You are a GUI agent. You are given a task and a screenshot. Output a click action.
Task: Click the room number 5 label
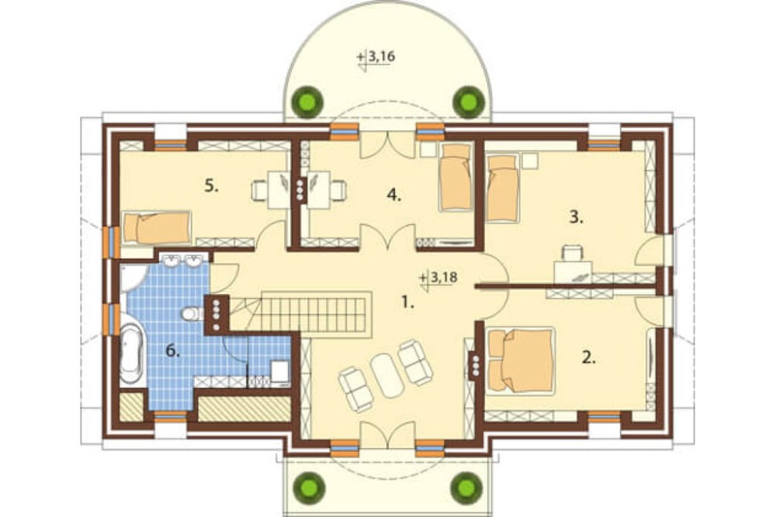pos(211,186)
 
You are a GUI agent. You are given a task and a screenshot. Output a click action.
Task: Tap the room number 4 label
pos(394,195)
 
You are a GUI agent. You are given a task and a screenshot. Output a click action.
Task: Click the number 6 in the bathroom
pos(172,351)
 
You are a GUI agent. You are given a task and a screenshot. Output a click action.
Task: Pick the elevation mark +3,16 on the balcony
pos(376,57)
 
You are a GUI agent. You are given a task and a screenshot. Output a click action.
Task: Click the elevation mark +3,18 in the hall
pos(438,278)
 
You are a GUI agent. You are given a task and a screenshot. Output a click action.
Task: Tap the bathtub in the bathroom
pos(130,353)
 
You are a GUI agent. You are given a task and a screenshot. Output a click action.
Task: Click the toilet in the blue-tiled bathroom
pos(192,314)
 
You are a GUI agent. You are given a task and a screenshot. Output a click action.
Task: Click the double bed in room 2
pos(520,360)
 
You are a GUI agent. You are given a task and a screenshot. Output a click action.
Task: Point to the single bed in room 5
pos(157,227)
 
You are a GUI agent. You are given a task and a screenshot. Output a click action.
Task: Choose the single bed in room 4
pos(456,177)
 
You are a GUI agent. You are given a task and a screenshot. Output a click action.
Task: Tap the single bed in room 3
pos(502,188)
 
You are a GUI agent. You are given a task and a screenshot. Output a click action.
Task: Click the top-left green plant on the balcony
pos(308,102)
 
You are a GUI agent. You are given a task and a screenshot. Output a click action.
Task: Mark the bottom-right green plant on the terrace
pos(467,487)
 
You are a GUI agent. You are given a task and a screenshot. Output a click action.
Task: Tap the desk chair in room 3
pos(573,253)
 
